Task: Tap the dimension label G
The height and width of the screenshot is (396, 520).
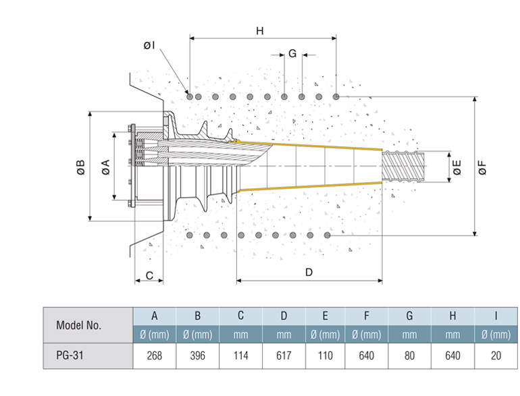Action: point(292,53)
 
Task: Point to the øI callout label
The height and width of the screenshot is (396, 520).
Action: point(149,45)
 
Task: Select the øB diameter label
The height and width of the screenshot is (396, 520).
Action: point(80,167)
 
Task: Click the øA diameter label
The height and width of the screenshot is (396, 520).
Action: point(106,167)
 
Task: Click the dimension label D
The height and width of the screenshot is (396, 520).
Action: point(309,273)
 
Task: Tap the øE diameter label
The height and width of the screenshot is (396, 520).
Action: point(457,167)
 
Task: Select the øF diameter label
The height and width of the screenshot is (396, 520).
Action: point(482,167)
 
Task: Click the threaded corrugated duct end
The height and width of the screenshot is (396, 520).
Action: point(403,166)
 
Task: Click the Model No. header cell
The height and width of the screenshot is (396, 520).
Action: point(79,324)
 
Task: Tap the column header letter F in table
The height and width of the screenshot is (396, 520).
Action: point(367,315)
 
